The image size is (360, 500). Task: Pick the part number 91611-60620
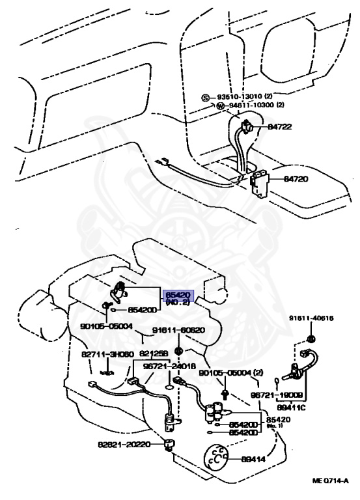(x=178, y=330)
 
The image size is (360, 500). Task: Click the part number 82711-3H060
(x=108, y=354)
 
